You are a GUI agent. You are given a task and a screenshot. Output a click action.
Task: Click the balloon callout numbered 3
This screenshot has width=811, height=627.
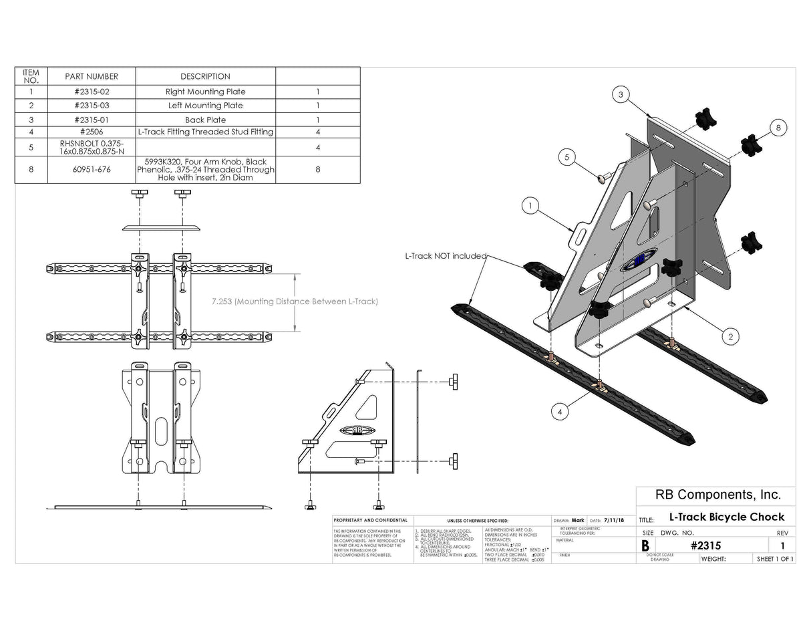[x=621, y=96]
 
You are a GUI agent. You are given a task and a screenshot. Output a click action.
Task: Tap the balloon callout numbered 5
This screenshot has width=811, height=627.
[x=566, y=158]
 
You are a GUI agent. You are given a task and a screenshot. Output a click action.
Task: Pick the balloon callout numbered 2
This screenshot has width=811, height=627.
[x=730, y=336]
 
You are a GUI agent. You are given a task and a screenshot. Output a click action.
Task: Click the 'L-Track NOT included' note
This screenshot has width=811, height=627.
[x=446, y=256]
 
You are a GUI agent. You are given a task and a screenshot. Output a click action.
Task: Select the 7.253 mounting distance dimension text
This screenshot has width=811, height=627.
[x=295, y=301]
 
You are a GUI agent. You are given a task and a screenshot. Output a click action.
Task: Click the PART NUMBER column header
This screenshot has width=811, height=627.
[x=92, y=76]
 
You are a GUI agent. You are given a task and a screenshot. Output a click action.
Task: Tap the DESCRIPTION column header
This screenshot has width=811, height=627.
[x=205, y=76]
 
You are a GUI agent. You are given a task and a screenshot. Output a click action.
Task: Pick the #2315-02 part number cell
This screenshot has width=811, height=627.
[x=92, y=92]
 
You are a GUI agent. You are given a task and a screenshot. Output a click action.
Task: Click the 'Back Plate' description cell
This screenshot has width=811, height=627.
[x=205, y=120]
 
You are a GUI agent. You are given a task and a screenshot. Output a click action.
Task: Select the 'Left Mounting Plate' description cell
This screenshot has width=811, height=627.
[x=205, y=106]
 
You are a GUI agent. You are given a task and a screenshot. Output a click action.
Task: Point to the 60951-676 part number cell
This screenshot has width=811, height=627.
[x=92, y=170]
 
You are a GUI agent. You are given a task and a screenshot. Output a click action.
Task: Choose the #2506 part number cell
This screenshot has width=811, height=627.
[x=92, y=132]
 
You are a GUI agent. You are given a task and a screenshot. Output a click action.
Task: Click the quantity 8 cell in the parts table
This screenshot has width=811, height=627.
[x=318, y=170]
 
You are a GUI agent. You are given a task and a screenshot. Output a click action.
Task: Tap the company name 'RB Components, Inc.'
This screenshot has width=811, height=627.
[x=708, y=495]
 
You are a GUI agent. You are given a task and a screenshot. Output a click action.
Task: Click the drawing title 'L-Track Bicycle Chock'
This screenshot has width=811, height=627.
[x=726, y=517]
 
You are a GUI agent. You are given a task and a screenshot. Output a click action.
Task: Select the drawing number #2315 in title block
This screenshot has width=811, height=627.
[x=705, y=545]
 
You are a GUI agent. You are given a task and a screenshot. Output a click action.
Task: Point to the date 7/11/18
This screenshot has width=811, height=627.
[x=615, y=520]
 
